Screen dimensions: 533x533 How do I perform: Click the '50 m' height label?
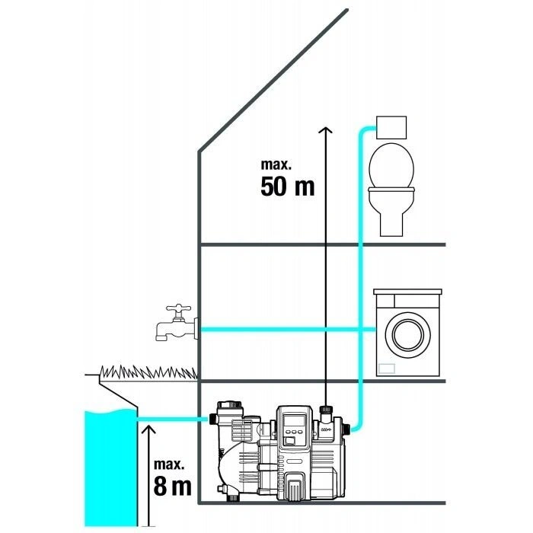pyautogui.click(x=288, y=187)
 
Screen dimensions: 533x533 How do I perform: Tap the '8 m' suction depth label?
pyautogui.click(x=172, y=486)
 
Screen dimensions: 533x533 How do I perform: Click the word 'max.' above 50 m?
pyautogui.click(x=276, y=164)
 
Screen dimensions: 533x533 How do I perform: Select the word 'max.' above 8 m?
pyautogui.click(x=169, y=464)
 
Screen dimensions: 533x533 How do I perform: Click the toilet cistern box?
pyautogui.click(x=391, y=127)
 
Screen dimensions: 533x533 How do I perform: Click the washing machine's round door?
pyautogui.click(x=407, y=334)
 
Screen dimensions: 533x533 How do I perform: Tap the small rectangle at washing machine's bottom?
pyautogui.click(x=387, y=369)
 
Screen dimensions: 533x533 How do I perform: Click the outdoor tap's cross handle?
pyautogui.click(x=178, y=308)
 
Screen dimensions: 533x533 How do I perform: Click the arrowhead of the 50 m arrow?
pyautogui.click(x=326, y=130)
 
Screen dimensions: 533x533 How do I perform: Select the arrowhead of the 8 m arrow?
pyautogui.click(x=148, y=429)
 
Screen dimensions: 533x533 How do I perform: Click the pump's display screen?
pyautogui.click(x=294, y=421)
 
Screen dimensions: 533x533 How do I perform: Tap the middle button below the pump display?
pyautogui.click(x=294, y=432)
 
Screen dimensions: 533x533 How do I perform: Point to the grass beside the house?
pyautogui.click(x=149, y=372)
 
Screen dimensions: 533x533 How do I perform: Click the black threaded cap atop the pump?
pyautogui.click(x=326, y=408)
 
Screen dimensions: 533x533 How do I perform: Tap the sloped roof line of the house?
pyautogui.click(x=273, y=81)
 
